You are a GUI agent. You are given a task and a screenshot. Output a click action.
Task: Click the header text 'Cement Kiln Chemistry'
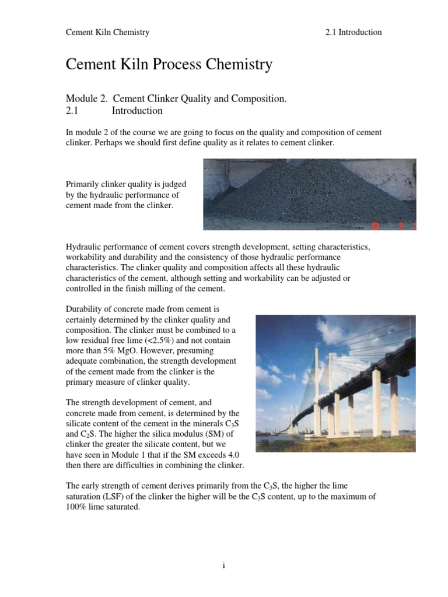tap(107, 32)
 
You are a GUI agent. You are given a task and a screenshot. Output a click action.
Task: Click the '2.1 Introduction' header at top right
tap(353, 32)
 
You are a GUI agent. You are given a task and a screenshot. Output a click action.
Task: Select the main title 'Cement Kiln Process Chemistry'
tap(169, 64)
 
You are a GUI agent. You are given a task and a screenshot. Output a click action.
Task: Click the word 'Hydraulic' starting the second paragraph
tap(85, 247)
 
